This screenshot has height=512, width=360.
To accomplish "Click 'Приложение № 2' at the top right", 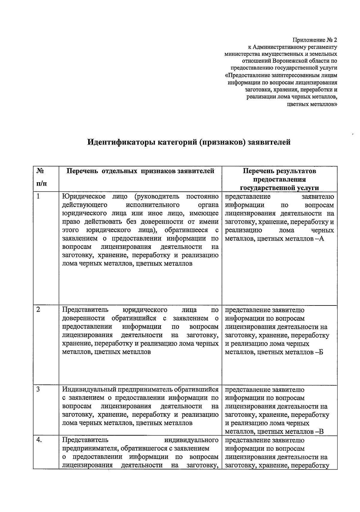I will tap(315, 40).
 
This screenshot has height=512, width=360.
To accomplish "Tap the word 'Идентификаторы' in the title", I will tap(121, 142).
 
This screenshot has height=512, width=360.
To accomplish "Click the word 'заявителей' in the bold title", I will tap(268, 142).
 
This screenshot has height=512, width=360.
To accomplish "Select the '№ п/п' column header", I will tap(41, 177).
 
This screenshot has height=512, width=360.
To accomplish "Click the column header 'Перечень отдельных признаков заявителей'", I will tap(140, 171).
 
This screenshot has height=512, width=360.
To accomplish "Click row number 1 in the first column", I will tap(38, 197).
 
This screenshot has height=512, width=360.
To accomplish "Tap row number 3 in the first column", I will tap(38, 389).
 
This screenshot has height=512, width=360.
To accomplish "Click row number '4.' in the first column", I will tap(39, 440).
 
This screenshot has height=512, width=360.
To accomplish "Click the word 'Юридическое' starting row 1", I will tap(84, 197).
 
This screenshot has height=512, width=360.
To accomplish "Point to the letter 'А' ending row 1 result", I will tap(321, 239).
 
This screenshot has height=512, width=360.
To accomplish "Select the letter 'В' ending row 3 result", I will tap(321, 432).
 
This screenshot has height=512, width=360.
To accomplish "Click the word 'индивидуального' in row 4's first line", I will tap(191, 440).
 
